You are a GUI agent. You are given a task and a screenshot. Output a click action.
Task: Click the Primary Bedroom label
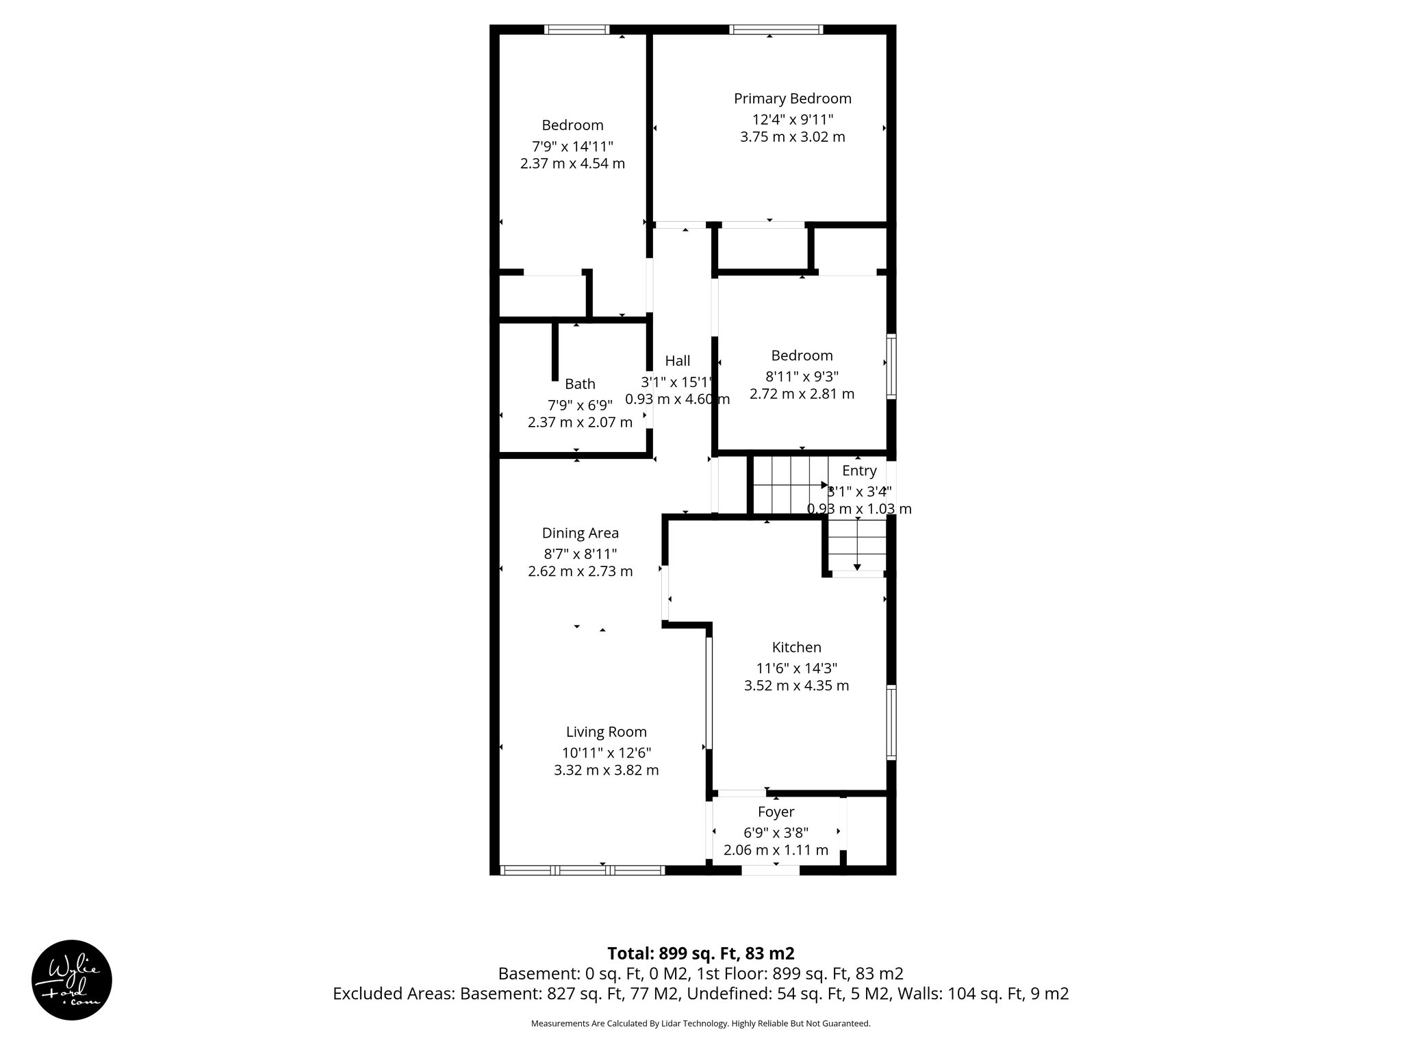pos(792,99)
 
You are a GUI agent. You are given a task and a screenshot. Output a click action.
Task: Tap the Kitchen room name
pos(796,647)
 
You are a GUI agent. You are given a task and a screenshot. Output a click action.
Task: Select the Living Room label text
pos(606,732)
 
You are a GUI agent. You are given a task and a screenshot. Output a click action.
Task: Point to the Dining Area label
pos(580,533)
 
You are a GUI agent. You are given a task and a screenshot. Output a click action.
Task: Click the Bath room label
pos(580,384)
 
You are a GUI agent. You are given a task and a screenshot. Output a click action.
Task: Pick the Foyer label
pos(776,812)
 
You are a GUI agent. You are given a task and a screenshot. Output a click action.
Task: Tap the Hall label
pos(677,361)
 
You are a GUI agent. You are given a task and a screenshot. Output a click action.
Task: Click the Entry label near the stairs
pos(859,471)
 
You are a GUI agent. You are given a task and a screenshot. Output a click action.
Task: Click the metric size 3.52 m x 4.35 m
pos(796,686)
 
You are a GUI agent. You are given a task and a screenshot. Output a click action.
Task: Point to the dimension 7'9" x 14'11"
pos(572,146)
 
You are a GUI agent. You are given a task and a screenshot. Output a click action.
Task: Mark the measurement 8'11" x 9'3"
pos(802,376)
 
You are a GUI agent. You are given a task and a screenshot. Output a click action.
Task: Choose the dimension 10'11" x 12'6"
pos(606,752)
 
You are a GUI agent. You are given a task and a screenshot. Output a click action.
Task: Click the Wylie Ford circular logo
pos(72,980)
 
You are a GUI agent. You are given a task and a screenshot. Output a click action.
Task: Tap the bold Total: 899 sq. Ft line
pos(700,953)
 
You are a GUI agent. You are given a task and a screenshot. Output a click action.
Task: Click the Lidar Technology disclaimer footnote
pos(700,1023)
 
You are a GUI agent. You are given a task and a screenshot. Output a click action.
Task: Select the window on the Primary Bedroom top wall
pos(776,29)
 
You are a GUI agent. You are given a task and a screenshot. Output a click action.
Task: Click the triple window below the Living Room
pos(583,871)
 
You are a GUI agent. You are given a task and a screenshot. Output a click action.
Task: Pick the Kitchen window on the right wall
pos(891,722)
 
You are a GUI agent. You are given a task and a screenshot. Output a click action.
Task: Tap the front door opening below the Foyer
pos(770,871)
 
